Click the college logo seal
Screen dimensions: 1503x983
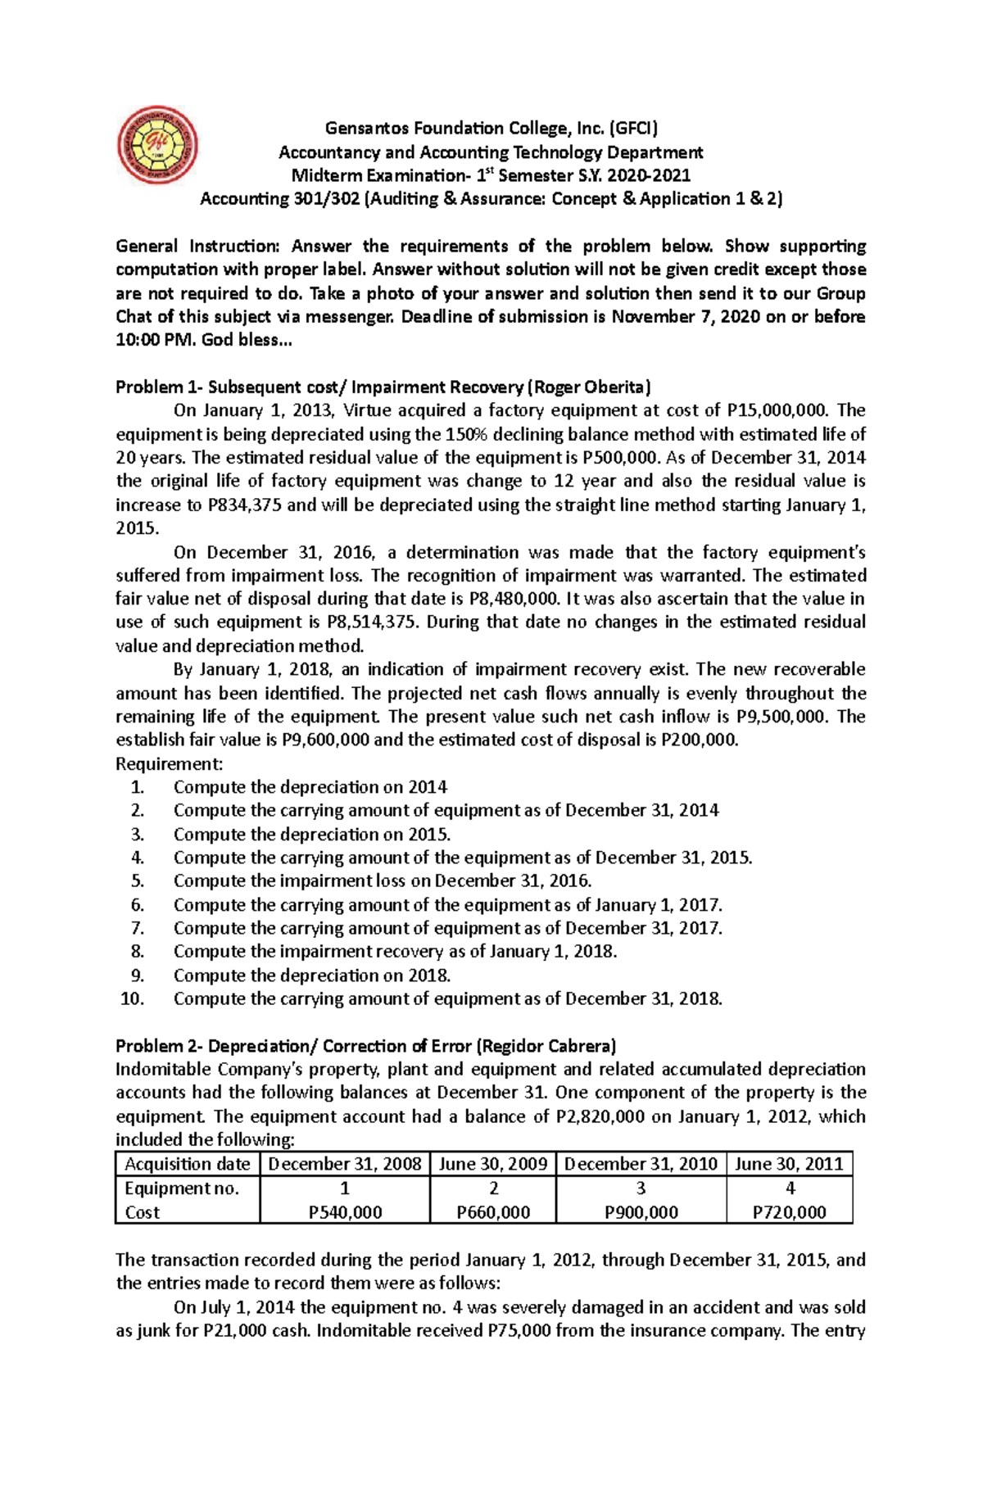pyautogui.click(x=157, y=145)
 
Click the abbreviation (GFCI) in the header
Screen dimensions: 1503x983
pyautogui.click(x=632, y=128)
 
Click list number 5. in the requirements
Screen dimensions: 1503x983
pyautogui.click(x=138, y=881)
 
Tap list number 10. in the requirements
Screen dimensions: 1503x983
pyautogui.click(x=133, y=999)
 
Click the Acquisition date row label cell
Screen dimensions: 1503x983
pyautogui.click(x=188, y=1164)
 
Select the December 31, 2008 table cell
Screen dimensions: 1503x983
pyautogui.click(x=345, y=1164)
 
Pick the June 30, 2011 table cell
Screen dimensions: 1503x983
pyautogui.click(x=789, y=1164)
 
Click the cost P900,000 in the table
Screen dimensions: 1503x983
pyautogui.click(x=641, y=1212)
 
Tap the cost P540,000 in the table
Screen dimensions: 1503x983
pyautogui.click(x=345, y=1212)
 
